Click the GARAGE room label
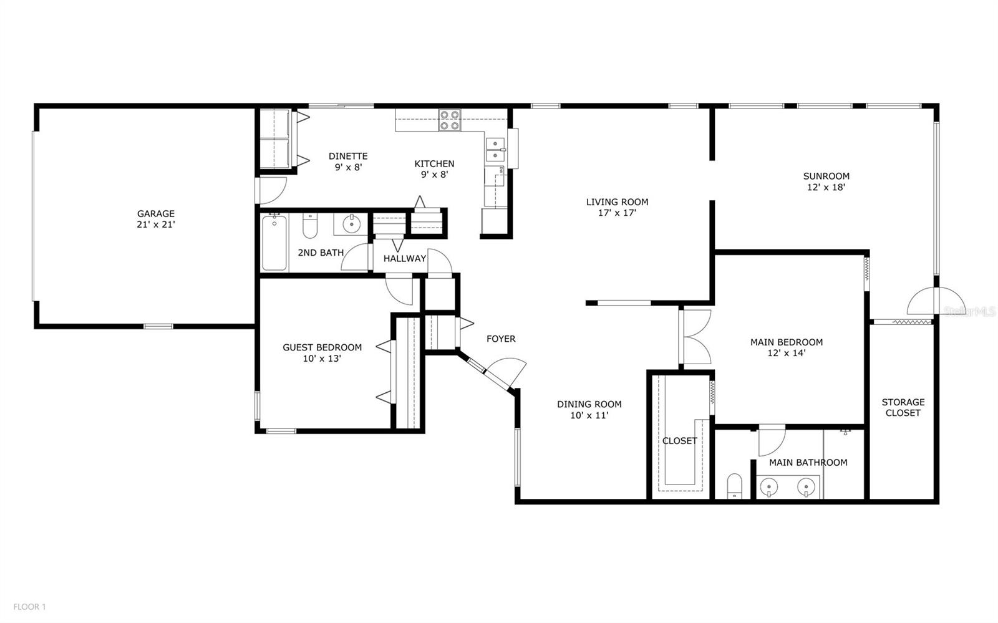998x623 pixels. coord(156,214)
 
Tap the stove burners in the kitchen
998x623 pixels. coord(449,120)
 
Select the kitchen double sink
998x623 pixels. coord(496,148)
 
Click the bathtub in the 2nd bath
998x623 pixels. coord(274,242)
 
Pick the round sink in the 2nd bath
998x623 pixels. coord(352,223)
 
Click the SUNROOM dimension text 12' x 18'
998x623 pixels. coord(826,186)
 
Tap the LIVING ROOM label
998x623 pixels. coord(617,202)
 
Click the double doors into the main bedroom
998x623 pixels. coord(696,337)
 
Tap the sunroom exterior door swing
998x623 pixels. coord(923,301)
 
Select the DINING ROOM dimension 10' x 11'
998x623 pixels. coord(589,415)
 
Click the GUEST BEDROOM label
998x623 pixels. coord(322,347)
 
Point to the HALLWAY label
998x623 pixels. coord(405,258)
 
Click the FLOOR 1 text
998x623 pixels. coord(30,606)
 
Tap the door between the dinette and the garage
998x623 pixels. coord(272,191)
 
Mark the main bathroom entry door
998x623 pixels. coord(772,440)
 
